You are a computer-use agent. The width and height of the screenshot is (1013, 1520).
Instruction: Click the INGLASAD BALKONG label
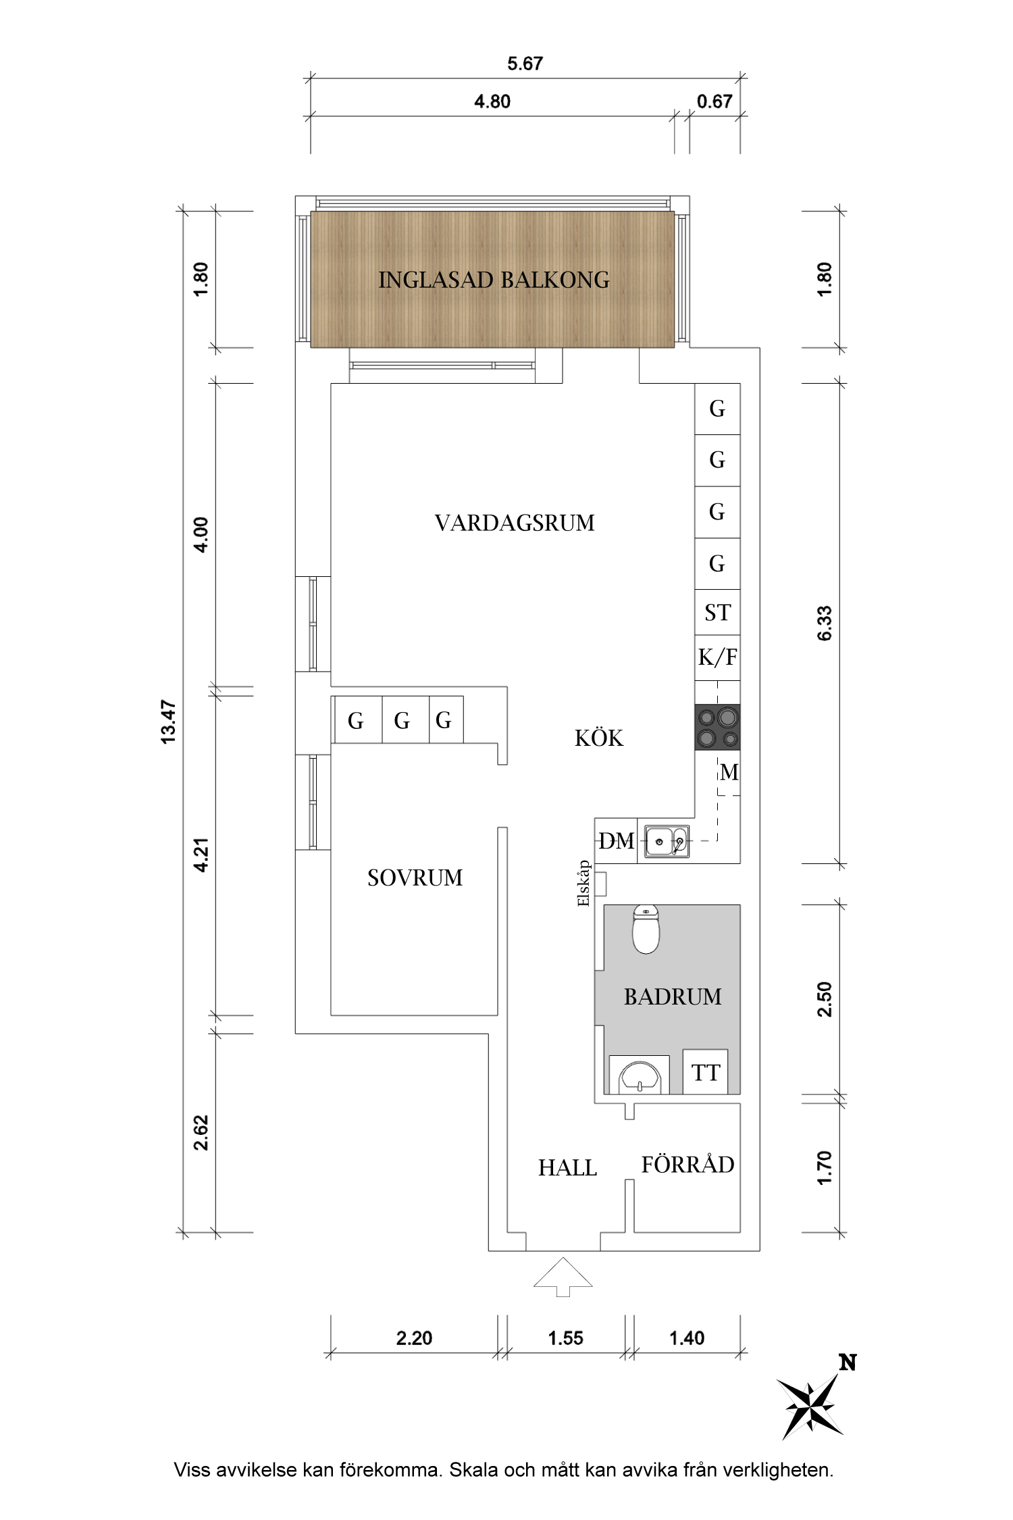pos(494,280)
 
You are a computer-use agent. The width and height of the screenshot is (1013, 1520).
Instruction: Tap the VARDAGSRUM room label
pos(515,523)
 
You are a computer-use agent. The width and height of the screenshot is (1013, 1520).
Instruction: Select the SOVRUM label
pos(415,878)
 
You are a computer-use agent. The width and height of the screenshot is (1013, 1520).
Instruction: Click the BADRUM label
pos(673,996)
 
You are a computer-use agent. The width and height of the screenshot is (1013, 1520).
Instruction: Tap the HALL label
pos(567,1168)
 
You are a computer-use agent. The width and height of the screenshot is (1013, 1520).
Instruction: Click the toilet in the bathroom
pos(646,929)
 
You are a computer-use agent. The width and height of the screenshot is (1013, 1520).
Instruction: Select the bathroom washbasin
pos(639,1075)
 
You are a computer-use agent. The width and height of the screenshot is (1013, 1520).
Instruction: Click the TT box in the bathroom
pos(705,1072)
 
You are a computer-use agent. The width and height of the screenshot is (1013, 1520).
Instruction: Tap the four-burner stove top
pos(717,727)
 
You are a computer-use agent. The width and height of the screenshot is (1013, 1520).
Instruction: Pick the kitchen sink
pos(666,842)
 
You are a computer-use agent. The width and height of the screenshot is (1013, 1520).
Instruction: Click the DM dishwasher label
pos(617,841)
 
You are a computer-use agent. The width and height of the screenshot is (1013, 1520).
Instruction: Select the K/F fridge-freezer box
pos(717,657)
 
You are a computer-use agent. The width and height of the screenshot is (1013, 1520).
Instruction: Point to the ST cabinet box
pos(717,613)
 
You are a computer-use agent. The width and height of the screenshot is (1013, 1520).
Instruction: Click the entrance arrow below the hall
pos(563,1277)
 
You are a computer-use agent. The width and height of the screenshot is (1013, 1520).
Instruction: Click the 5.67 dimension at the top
pos(525,64)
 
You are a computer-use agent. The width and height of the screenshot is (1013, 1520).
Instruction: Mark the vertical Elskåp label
pos(584,883)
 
